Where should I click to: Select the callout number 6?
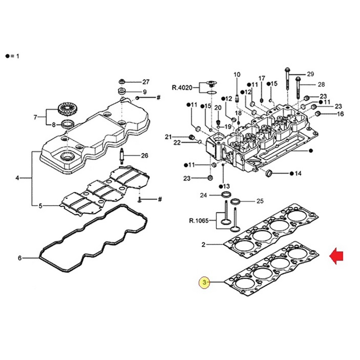20,258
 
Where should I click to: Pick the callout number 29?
310,74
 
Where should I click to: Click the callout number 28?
321,85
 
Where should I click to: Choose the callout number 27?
145,82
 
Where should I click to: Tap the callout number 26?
144,156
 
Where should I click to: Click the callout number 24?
204,195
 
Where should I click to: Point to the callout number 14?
298,174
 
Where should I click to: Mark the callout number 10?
237,75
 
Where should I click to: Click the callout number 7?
35,117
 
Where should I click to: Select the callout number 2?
203,245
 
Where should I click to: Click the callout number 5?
40,206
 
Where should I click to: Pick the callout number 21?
168,136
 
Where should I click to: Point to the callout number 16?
340,114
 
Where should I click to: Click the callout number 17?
262,78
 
